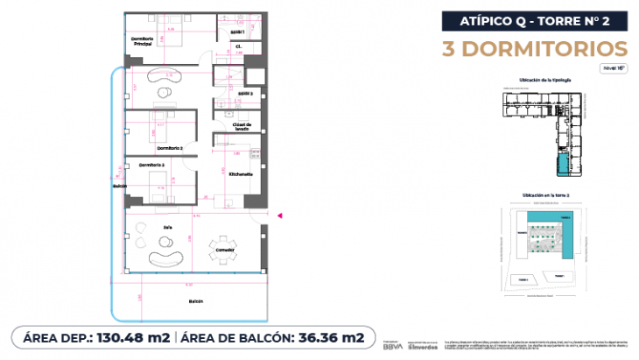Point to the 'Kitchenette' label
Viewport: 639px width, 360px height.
241,174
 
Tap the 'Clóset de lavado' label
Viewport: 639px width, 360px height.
242,127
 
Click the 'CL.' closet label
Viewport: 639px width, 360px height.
238,46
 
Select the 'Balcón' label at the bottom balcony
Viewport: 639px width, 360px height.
196,301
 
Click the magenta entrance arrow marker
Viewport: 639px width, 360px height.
279,214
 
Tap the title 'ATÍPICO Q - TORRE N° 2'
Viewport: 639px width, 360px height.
533,19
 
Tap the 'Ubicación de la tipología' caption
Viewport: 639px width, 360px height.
544,79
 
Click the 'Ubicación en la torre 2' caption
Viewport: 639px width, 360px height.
544,194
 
